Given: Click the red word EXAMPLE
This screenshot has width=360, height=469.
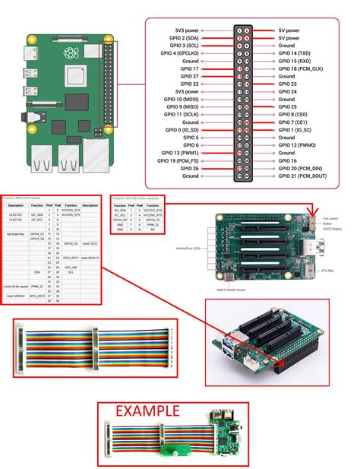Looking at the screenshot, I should tap(147, 411).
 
